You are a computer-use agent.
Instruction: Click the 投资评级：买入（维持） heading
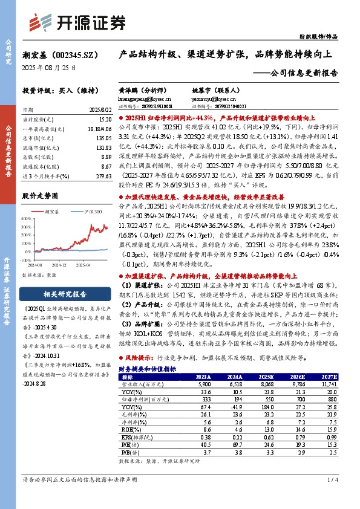(59, 91)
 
